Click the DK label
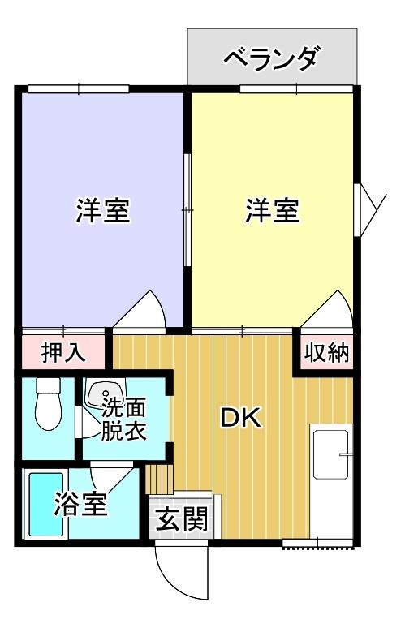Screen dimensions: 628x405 [240, 418]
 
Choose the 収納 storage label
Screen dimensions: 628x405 [326, 354]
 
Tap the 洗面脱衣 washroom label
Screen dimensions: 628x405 [123, 419]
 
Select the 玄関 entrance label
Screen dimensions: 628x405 [179, 517]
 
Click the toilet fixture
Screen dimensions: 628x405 [50, 406]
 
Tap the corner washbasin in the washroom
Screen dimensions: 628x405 [103, 397]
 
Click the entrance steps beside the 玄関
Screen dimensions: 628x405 [161, 479]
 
